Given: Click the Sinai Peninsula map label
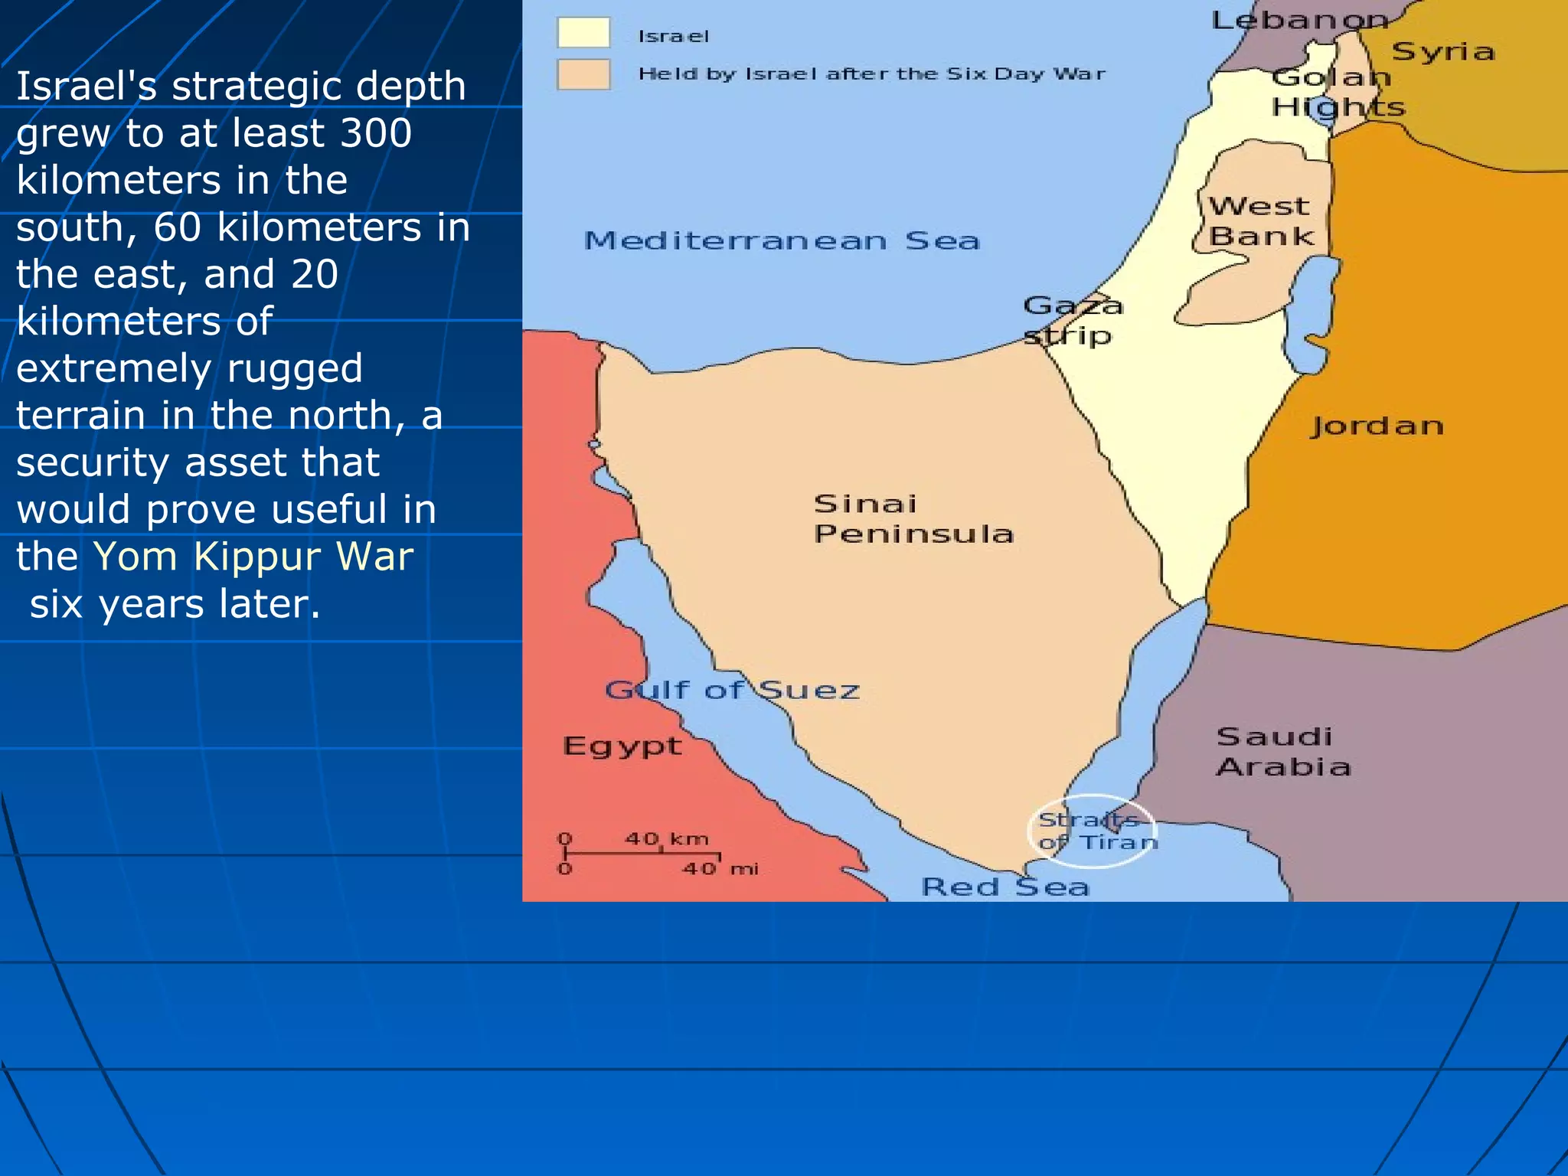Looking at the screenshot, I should point(914,518).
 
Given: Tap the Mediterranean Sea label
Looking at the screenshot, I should point(782,241).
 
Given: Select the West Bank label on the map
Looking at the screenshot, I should point(1260,221).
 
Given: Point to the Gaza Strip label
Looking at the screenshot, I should point(1072,320).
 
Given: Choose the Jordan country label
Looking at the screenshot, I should point(1377,426).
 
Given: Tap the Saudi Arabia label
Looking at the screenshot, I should point(1283,752).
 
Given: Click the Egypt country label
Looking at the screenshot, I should point(622,746).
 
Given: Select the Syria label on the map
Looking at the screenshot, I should point(1442,51).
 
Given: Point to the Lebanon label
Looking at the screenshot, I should point(1299,20).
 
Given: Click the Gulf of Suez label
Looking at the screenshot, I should point(732,690).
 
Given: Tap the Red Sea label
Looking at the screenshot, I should point(1004,887).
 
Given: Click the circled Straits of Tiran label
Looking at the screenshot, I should point(1093,831).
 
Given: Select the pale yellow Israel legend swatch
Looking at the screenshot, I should point(583,34).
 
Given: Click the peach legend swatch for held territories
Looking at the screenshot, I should point(583,75).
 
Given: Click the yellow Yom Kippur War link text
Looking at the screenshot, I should point(253,557).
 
